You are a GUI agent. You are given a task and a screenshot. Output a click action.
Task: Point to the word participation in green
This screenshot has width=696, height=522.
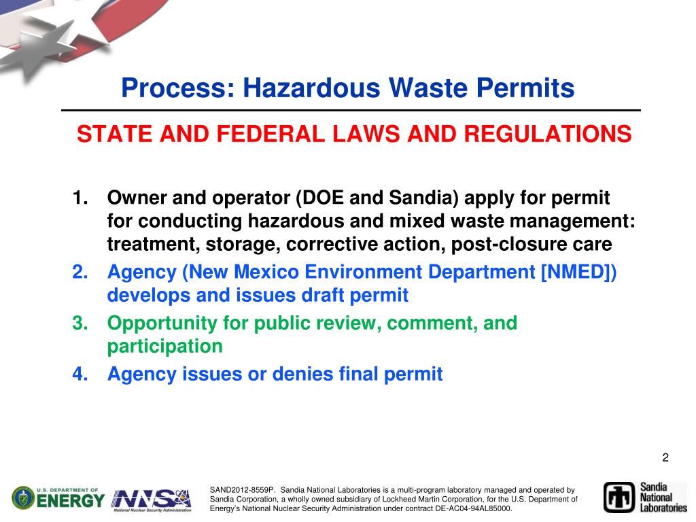point(164,347)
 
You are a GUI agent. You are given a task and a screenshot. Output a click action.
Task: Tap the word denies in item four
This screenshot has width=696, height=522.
point(304,374)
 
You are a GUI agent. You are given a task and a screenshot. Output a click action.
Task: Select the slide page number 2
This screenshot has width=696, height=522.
point(665,457)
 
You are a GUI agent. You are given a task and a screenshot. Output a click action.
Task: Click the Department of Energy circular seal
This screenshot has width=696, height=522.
point(24,498)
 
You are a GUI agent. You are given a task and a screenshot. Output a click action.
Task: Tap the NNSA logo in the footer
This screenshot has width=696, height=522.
point(152,500)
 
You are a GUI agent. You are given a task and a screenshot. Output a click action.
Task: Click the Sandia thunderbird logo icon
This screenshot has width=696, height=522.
point(619,497)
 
